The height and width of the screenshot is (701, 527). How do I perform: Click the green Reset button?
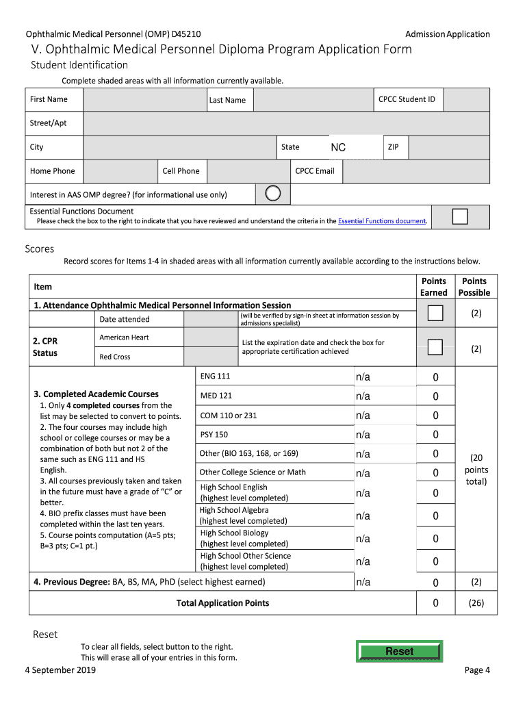point(399,651)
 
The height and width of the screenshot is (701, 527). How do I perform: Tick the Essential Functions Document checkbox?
point(460,216)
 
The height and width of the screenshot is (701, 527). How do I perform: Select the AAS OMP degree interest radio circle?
point(272,194)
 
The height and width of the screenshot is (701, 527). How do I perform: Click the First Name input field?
point(143,100)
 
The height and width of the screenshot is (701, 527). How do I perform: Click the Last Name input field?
point(312,100)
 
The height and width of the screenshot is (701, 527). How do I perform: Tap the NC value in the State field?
point(338,148)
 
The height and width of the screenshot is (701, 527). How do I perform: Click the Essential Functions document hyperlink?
point(382,221)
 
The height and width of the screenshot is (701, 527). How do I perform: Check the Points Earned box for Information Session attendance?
point(435,314)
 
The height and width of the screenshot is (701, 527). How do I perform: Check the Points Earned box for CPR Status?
point(435,347)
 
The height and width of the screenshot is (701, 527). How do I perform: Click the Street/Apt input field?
point(286,124)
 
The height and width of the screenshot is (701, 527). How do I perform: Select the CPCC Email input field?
point(415,171)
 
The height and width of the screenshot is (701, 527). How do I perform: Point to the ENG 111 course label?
point(215,377)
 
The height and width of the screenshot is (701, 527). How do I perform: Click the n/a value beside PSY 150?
point(363,435)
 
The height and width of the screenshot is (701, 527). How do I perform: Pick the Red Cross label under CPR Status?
point(115,357)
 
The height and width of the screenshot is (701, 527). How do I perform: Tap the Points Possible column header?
point(474,287)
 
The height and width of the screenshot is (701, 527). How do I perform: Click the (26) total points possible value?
point(476,603)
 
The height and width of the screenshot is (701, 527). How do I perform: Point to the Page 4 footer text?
point(477,670)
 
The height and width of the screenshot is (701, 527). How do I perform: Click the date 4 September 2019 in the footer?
point(60,670)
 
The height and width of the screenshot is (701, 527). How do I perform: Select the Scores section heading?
point(39,249)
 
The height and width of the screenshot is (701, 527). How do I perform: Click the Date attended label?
point(125,319)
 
